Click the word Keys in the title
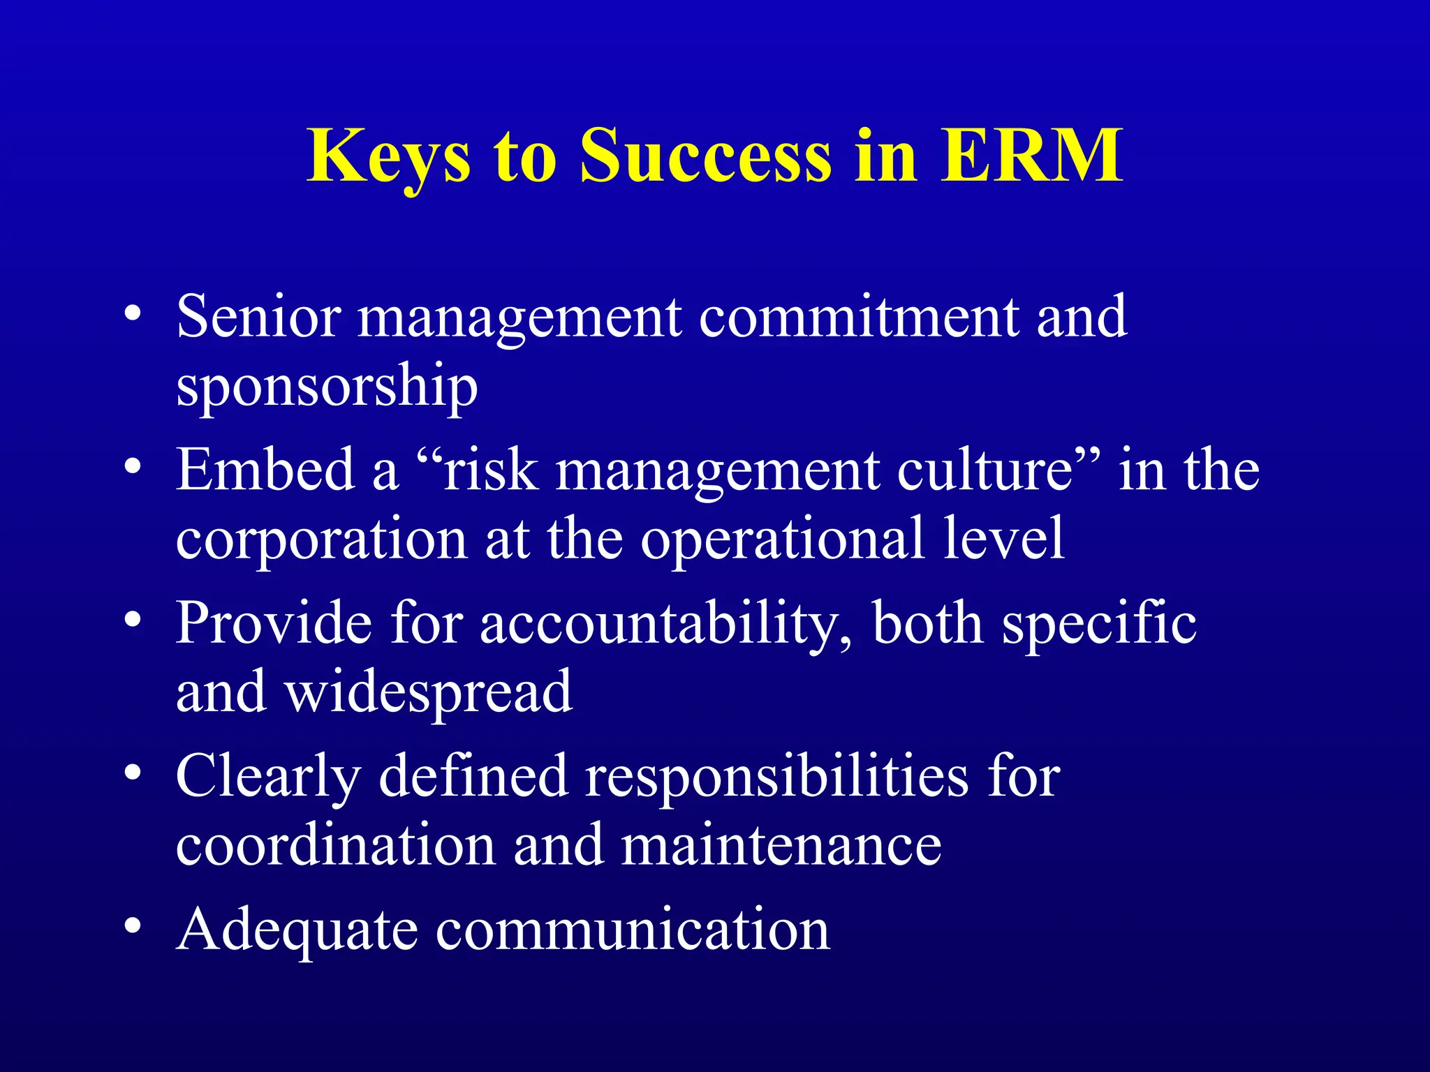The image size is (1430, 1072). pyautogui.click(x=388, y=156)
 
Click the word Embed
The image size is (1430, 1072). pyautogui.click(x=265, y=469)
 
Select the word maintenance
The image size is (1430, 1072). pyautogui.click(x=781, y=846)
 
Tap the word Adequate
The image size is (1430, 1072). pyautogui.click(x=297, y=930)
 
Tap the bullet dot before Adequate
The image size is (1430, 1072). pyautogui.click(x=133, y=925)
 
